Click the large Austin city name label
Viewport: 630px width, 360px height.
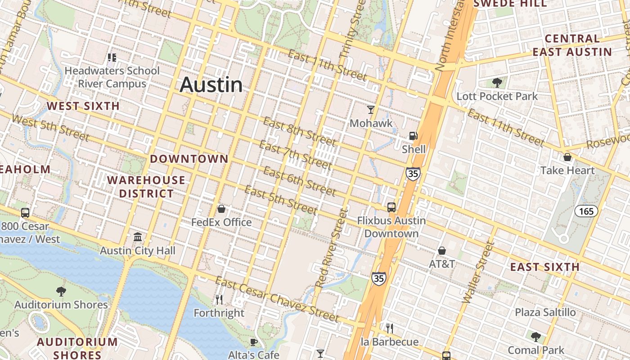[x=211, y=85]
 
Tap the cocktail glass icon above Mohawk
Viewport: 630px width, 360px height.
[x=371, y=109]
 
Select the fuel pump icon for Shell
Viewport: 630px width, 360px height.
[x=413, y=135]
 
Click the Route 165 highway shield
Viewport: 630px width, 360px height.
[x=586, y=211]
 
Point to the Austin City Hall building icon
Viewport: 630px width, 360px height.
[x=138, y=237]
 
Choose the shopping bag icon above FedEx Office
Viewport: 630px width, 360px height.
[x=221, y=209]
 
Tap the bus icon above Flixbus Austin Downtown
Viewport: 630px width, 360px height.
[x=391, y=207]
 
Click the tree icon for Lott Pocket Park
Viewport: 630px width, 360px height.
[x=497, y=83]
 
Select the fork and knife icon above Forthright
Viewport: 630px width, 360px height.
[x=219, y=299]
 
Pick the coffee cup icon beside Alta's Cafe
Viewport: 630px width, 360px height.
[x=254, y=342]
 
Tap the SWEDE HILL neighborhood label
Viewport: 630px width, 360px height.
[x=510, y=4]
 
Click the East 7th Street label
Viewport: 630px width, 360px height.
[x=295, y=154]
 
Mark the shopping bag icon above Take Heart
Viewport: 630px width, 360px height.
[x=567, y=157]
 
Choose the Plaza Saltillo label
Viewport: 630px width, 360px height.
[x=545, y=312]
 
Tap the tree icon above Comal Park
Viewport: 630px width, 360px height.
[x=535, y=337]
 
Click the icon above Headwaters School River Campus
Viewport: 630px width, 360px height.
[x=112, y=58]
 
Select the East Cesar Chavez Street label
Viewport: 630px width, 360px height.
[x=277, y=299]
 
